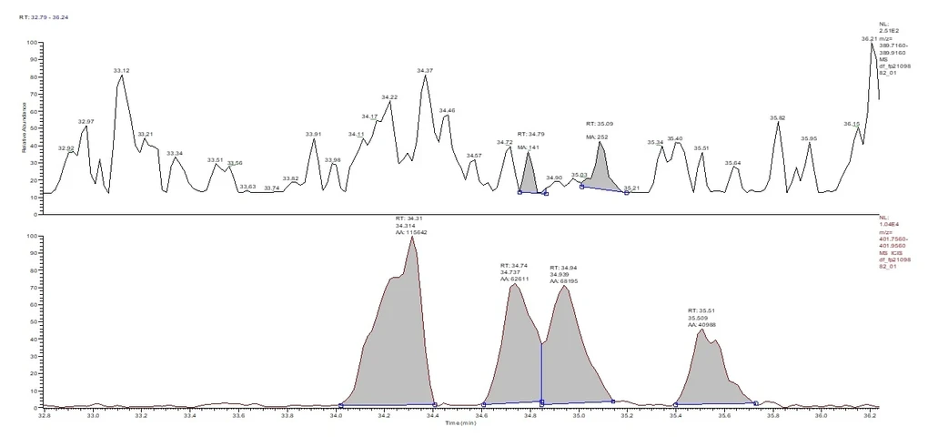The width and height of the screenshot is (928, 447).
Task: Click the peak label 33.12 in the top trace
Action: (121, 70)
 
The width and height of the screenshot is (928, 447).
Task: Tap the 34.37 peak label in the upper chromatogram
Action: (425, 70)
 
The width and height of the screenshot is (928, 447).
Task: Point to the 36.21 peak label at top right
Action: (869, 39)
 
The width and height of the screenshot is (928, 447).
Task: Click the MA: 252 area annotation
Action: (597, 137)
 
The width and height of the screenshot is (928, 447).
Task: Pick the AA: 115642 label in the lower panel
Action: (411, 232)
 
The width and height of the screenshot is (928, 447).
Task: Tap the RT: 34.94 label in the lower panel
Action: (563, 268)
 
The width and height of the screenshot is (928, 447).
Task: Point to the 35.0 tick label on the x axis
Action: (579, 415)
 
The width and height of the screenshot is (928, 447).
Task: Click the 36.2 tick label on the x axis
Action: (871, 415)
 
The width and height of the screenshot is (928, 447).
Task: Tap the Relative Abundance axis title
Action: (25, 127)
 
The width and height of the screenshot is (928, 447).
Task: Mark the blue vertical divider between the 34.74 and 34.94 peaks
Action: (541, 373)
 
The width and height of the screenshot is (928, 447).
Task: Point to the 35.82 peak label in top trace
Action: (777, 117)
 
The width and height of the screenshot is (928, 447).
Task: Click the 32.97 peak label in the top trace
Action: (86, 121)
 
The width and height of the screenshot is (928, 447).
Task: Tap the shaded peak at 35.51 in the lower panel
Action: (706, 373)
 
